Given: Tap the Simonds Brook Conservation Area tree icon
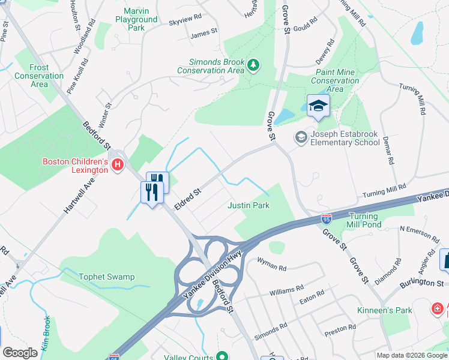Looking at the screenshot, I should click(x=253, y=64).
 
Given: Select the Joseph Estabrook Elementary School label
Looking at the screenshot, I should click(x=344, y=139).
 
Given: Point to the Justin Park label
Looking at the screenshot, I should click(x=249, y=206).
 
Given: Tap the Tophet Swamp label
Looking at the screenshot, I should click(x=106, y=277).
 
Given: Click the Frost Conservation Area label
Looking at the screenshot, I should click(x=39, y=76).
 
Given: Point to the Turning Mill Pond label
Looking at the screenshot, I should click(x=364, y=220).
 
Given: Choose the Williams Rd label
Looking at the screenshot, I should click(x=286, y=290).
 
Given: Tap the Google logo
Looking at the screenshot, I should click(x=20, y=353).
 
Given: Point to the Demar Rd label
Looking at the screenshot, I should click(x=390, y=152).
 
